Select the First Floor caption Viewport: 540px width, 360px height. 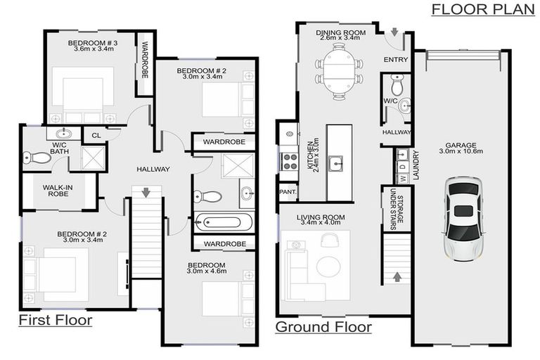point(56,321)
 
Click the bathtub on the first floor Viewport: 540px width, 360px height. point(224,224)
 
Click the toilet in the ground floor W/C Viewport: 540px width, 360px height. point(397,87)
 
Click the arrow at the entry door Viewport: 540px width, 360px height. point(394,33)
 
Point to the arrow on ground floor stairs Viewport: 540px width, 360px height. point(397,276)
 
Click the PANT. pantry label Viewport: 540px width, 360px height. point(288,191)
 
